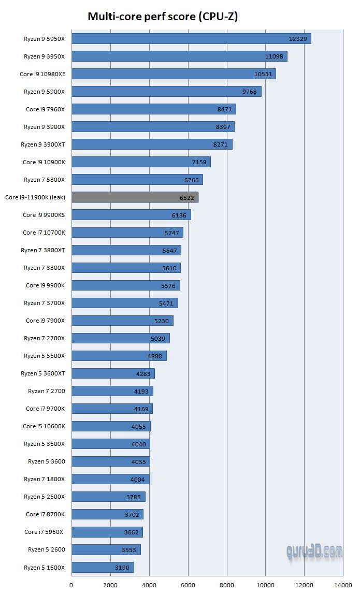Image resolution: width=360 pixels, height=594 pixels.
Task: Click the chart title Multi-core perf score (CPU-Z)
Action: pos(163,16)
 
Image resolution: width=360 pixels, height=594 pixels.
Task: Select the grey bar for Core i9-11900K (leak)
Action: pos(135,197)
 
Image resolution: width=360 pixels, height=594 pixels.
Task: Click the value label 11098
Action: pos(274,56)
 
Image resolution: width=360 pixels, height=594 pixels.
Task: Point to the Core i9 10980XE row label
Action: pos(42,74)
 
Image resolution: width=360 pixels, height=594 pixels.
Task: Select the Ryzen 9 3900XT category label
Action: pos(43,144)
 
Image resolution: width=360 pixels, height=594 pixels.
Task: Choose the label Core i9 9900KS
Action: pos(44,214)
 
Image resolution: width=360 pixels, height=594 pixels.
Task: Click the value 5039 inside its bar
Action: pos(160,338)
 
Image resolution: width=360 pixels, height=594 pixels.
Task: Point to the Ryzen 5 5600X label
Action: pos(45,355)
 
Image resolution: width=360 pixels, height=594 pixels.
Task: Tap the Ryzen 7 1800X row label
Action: pos(45,479)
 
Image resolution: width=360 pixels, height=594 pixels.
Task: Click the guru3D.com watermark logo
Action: pos(314,551)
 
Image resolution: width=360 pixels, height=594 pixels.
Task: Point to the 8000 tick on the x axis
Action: pos(226,585)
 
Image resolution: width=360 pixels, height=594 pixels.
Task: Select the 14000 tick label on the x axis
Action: pos(342,585)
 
